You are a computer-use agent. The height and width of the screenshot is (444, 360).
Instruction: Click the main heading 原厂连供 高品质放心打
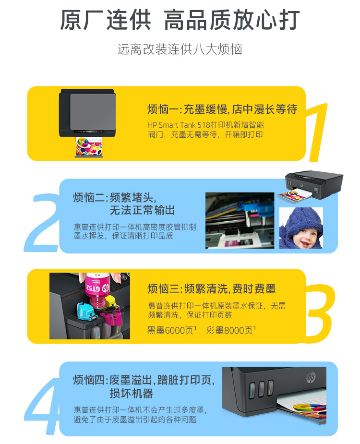180,20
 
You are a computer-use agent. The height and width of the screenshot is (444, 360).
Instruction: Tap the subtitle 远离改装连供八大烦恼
180,49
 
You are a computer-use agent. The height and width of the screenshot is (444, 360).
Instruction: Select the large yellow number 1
318,132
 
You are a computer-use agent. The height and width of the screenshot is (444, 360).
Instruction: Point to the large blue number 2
43,223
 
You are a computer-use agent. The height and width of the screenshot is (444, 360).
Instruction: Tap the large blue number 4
43,406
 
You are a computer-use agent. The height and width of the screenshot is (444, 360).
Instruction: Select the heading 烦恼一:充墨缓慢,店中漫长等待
222,109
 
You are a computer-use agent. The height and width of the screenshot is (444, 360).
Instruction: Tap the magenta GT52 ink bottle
97,290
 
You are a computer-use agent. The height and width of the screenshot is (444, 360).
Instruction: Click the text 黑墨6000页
170,330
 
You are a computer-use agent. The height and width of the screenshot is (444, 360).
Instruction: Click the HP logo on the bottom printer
311,377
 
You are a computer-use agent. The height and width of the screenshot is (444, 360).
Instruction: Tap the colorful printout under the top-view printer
89,147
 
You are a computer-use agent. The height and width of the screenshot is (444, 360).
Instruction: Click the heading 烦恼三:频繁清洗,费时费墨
212,289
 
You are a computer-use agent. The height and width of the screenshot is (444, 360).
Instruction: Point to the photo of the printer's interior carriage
240,221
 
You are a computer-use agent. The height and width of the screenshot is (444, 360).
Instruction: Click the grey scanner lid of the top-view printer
93,111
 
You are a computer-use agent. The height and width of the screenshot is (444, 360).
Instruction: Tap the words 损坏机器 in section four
131,394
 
